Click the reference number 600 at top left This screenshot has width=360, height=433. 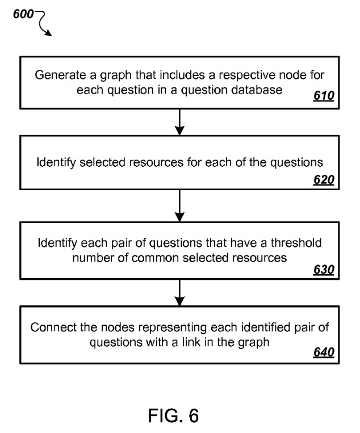23,14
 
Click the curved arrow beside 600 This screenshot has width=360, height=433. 41,23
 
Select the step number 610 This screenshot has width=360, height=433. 324,96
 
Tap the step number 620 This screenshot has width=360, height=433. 324,180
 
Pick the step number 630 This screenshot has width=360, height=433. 324,270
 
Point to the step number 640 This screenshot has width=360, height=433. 324,352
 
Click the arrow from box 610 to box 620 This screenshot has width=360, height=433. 179,122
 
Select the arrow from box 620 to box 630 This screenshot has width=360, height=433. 179,205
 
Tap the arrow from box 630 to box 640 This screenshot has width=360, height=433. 179,292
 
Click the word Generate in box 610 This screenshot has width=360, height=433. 61,75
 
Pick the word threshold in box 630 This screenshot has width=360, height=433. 296,243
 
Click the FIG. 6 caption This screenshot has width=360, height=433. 174,415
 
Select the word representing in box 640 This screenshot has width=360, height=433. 173,328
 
